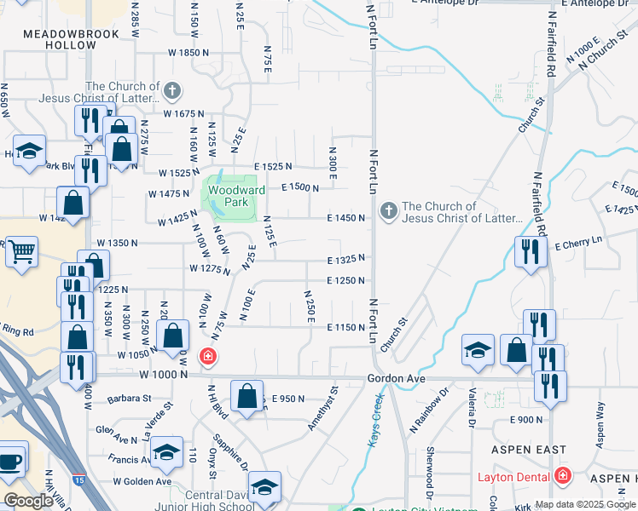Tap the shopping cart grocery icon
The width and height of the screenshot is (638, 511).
coord(21,250)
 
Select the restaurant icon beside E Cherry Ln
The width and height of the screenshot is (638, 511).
coord(531,251)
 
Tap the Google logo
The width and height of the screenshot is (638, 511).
coord(28,501)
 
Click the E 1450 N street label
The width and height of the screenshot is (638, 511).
coord(345,218)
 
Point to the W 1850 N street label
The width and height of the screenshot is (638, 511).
coord(188,53)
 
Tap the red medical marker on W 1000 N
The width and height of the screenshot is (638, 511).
coord(206,356)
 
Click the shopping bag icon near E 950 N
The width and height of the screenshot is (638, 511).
coord(246,396)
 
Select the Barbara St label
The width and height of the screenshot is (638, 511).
coord(130,398)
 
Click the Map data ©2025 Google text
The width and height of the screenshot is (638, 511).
coord(584,504)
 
